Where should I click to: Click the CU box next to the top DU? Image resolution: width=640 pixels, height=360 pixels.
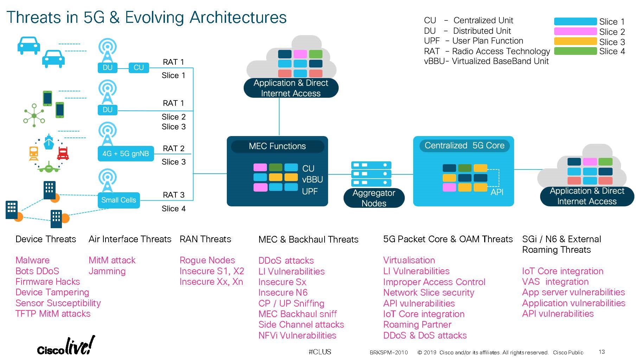click(139, 67)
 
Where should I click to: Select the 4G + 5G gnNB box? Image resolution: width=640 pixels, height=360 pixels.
click(126, 154)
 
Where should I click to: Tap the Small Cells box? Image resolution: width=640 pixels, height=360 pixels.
click(119, 200)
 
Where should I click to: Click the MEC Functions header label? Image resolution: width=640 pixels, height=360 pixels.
click(277, 146)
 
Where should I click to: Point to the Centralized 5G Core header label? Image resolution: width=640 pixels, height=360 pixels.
click(464, 146)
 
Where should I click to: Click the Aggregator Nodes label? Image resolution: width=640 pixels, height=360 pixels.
click(373, 198)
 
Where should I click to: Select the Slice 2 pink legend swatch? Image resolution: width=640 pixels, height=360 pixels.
click(575, 31)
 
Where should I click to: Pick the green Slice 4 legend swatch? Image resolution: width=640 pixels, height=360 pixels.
click(575, 51)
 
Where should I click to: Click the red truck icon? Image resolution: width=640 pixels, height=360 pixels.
click(63, 154)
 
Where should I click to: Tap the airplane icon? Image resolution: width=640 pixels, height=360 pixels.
click(49, 168)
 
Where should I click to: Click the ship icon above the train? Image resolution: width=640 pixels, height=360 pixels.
click(49, 142)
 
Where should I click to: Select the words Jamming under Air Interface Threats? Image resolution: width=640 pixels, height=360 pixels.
click(107, 271)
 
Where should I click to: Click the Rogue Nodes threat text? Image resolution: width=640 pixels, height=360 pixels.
click(207, 260)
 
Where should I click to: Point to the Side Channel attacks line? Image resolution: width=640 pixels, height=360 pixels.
click(301, 324)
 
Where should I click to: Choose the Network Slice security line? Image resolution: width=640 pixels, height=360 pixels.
click(428, 292)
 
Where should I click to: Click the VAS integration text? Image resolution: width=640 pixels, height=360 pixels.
click(555, 282)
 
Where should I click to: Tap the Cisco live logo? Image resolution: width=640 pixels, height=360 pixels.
click(66, 346)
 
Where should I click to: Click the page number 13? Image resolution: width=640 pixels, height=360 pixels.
click(602, 352)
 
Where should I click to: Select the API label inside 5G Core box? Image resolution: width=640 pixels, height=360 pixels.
click(497, 192)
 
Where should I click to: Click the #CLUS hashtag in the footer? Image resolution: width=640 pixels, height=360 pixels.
click(320, 352)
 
